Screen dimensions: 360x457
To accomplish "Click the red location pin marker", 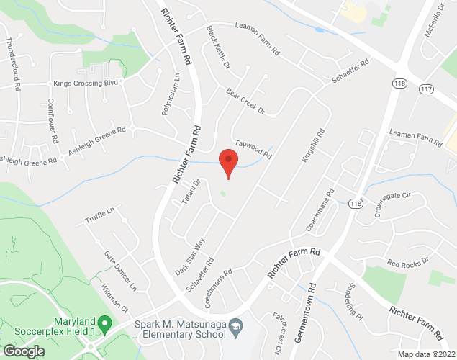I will tap(228, 162).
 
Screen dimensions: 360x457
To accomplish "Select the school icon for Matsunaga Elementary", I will tap(235, 329).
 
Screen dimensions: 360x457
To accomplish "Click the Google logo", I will tap(24, 351).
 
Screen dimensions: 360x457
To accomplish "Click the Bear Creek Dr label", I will tap(245, 102).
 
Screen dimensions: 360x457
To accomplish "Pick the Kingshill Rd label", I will tap(313, 145).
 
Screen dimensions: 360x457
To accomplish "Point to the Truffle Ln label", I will tap(100, 215).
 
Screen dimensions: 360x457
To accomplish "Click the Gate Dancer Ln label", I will tap(120, 271).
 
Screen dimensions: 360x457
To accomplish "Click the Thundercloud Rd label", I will tap(13, 64).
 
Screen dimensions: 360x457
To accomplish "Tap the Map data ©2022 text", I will tap(427, 354).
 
